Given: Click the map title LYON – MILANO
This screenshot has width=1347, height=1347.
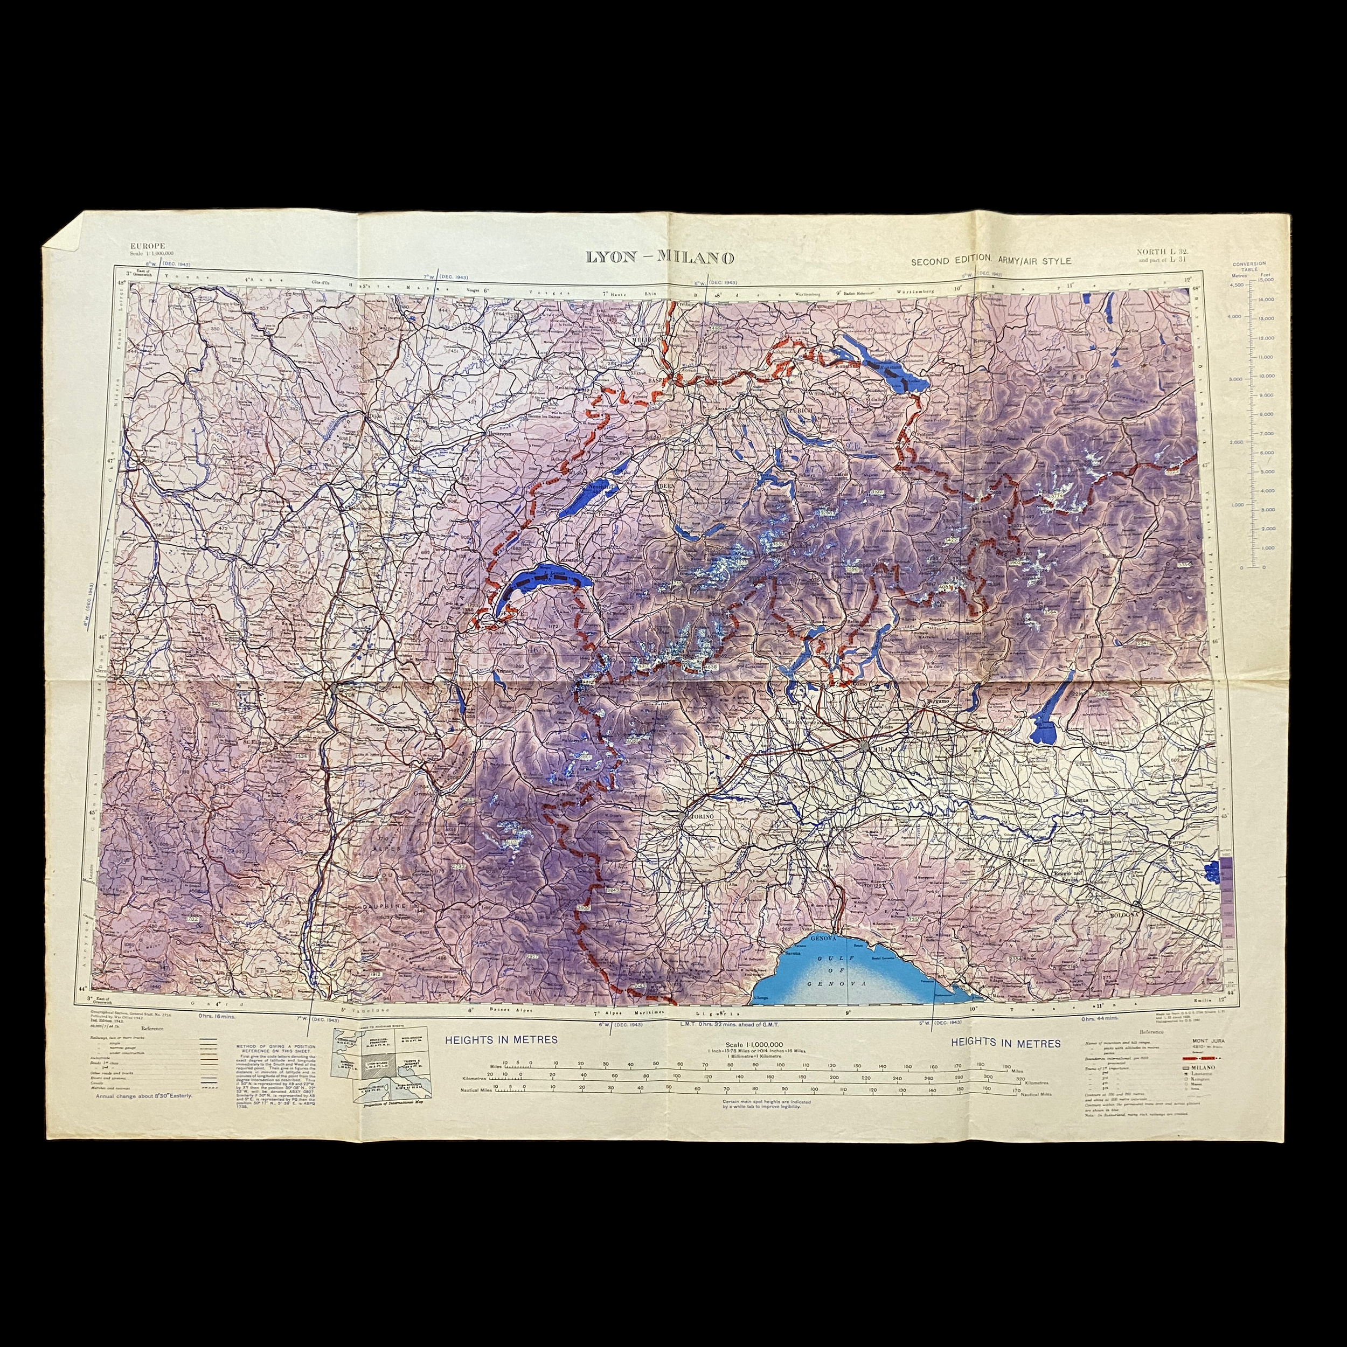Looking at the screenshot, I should pos(659,257).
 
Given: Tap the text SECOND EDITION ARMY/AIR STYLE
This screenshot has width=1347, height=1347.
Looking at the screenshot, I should pos(991,261).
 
